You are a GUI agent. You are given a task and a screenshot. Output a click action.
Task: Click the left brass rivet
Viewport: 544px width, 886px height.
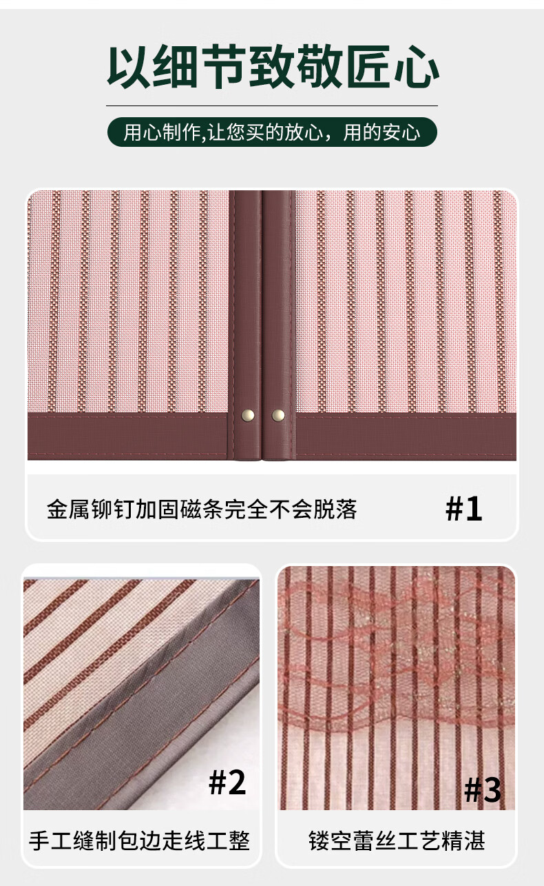tap(248, 415)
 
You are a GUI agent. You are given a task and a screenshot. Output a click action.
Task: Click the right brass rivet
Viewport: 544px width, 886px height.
tap(278, 415)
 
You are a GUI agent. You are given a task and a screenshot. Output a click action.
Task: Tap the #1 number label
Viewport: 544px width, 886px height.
tap(464, 509)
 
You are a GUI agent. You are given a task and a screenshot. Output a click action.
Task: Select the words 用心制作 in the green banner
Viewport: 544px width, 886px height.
tap(162, 132)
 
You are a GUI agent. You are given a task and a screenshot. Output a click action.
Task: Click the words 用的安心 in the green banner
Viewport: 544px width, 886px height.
tap(381, 132)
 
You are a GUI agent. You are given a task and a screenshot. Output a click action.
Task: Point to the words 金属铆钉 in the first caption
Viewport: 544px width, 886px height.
tap(91, 509)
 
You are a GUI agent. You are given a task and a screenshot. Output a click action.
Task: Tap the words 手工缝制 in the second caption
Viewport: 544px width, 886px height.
tap(73, 840)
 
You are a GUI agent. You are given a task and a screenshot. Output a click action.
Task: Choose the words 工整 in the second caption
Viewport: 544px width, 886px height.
tap(228, 840)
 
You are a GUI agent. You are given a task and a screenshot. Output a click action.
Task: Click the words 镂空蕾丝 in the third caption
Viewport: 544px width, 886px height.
tap(353, 840)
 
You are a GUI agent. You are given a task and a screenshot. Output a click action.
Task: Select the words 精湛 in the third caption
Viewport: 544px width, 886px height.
tap(463, 840)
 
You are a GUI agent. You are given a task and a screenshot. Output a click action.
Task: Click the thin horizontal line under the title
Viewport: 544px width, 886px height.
tap(272, 105)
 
